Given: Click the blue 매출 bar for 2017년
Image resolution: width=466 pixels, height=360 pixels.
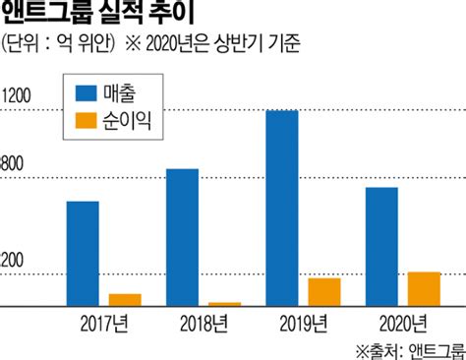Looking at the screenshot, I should (83, 254).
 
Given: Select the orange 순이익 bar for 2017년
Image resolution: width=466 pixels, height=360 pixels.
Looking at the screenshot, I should (125, 300).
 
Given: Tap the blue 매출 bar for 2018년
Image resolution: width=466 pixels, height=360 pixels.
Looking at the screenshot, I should (182, 237).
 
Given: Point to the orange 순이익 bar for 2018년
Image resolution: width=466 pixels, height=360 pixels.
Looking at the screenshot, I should (225, 304).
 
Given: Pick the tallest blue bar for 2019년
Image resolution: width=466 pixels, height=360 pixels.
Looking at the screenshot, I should (282, 209).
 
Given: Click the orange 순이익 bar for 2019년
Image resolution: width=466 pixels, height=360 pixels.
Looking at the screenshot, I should (324, 292).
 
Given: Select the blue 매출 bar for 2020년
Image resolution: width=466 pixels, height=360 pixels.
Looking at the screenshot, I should (381, 247).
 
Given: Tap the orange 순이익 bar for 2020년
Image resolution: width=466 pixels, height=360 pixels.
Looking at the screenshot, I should (424, 289).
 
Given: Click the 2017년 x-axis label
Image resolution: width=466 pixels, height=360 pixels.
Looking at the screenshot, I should (104, 322).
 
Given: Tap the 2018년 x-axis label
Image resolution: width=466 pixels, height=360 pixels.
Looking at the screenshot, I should (204, 322).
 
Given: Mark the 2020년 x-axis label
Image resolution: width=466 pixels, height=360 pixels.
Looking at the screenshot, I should (402, 322).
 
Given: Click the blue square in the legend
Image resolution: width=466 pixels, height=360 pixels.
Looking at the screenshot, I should (87, 94).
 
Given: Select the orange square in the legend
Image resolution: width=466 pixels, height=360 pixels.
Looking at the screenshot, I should (87, 122).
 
